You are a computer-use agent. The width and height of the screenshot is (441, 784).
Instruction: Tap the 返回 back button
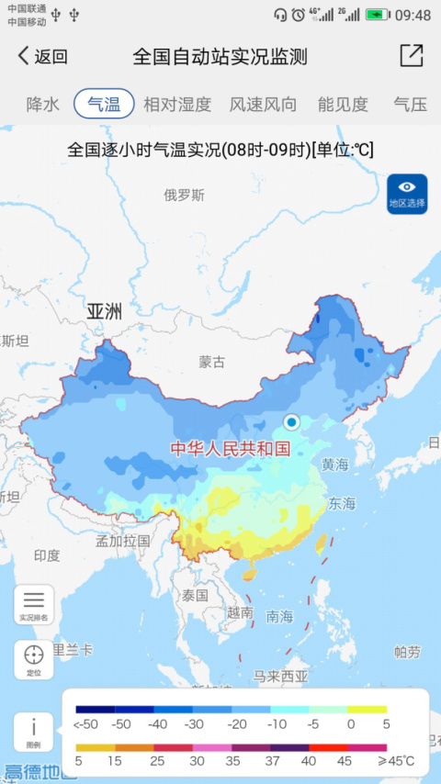[42, 56]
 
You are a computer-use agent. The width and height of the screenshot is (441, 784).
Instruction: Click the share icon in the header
[411, 56]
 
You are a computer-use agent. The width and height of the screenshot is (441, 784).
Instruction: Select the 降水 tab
[43, 104]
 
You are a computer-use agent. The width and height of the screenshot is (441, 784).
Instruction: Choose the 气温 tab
[104, 104]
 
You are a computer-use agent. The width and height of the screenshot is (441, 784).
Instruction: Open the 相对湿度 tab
[177, 104]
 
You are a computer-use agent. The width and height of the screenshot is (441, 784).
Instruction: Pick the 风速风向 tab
[263, 104]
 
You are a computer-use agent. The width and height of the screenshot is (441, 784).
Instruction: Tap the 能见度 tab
[343, 104]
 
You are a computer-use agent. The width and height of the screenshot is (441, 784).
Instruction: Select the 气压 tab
[410, 104]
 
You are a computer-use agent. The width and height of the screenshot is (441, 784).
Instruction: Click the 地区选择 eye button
[407, 194]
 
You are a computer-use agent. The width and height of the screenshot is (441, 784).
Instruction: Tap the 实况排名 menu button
[34, 605]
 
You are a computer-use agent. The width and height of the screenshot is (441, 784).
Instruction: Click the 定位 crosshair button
[34, 659]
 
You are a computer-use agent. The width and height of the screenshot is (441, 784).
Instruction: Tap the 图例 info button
[34, 731]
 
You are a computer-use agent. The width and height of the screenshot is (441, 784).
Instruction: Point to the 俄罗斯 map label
[185, 195]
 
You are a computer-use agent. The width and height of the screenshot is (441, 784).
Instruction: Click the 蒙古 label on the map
[211, 362]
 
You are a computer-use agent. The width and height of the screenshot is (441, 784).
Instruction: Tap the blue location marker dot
[292, 422]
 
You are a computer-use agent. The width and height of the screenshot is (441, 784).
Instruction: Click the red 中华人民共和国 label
[230, 449]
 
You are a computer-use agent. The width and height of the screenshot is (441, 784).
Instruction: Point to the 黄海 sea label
[334, 465]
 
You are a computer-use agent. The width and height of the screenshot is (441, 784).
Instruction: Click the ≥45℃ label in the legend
[396, 761]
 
